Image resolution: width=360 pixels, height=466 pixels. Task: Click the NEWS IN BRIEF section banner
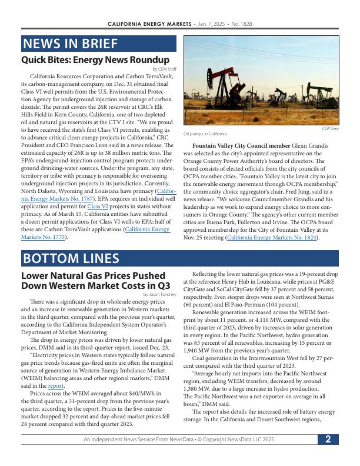point(98,44)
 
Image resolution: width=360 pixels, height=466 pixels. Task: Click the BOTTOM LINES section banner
point(179,259)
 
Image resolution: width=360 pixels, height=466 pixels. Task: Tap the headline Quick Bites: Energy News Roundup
point(95,60)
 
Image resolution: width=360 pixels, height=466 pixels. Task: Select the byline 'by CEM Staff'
point(164,69)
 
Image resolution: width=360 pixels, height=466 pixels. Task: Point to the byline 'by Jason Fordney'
point(160,294)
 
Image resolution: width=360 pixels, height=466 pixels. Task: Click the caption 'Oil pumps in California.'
point(205,134)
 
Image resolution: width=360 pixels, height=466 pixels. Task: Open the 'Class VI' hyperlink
point(97,207)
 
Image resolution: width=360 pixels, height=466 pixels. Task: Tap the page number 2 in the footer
point(328,439)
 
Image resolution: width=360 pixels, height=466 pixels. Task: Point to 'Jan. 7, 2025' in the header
point(213,24)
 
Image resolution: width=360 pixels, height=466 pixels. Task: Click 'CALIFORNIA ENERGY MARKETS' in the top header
point(149,24)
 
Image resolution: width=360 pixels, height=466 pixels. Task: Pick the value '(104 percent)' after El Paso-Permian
point(281,305)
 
